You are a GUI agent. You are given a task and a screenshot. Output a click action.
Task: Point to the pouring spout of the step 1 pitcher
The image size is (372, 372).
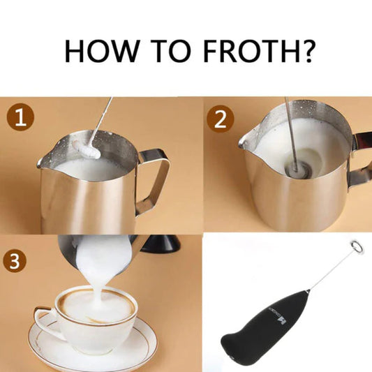(x=43, y=163)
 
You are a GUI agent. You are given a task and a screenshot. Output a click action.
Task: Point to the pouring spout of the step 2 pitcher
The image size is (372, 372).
(x=244, y=142)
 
